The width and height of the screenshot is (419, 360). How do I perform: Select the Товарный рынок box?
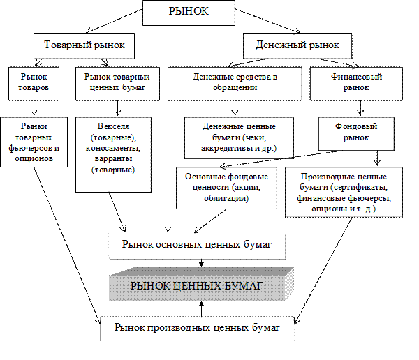(84, 45)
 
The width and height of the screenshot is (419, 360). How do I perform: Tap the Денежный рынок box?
(291, 45)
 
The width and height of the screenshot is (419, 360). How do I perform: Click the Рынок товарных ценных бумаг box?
(116, 81)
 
